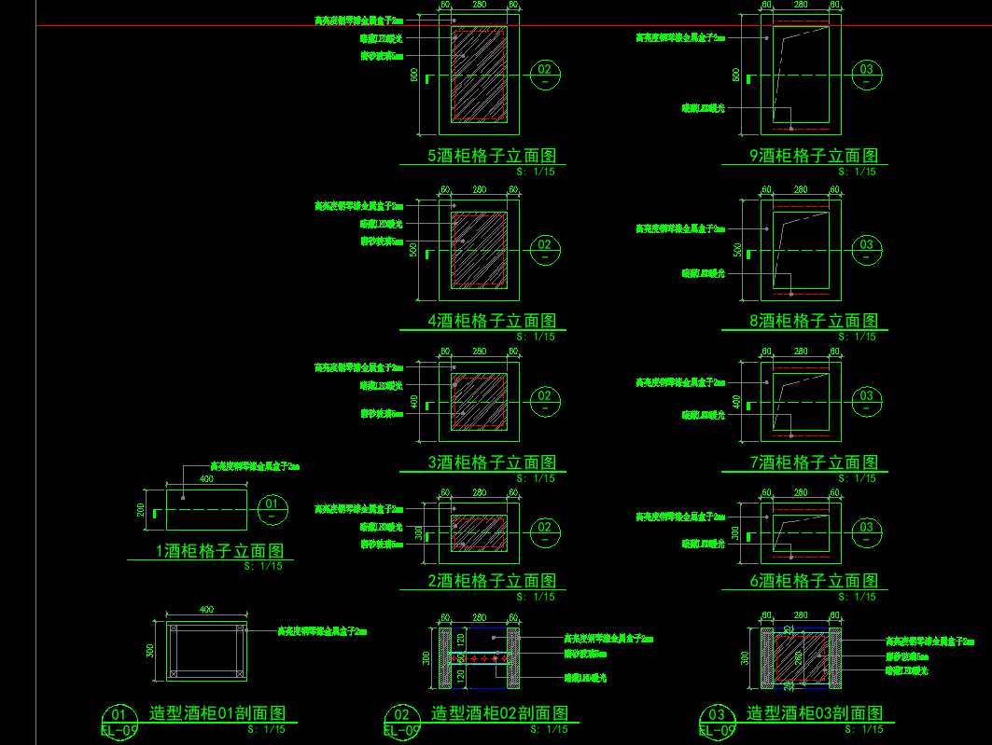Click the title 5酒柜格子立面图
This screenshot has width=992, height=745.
click(x=492, y=156)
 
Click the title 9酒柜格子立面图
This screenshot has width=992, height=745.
click(x=814, y=156)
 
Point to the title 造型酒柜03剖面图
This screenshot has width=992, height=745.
click(x=814, y=713)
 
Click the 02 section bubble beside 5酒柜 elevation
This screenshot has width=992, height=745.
click(x=545, y=74)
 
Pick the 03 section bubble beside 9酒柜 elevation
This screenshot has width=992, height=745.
click(x=867, y=74)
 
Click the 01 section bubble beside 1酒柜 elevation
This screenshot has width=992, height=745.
click(x=272, y=508)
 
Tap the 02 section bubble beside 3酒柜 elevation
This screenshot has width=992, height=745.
click(x=545, y=400)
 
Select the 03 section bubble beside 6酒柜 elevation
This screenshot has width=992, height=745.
click(x=867, y=531)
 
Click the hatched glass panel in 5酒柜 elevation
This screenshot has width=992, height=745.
click(x=479, y=74)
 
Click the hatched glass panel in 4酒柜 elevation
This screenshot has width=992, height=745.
click(x=479, y=249)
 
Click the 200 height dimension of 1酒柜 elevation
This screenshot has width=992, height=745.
click(x=141, y=510)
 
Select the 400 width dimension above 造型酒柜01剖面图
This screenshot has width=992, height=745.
click(x=206, y=610)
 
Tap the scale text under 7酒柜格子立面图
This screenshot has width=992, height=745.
click(x=857, y=478)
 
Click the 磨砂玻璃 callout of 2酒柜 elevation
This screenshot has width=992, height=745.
click(x=383, y=544)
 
